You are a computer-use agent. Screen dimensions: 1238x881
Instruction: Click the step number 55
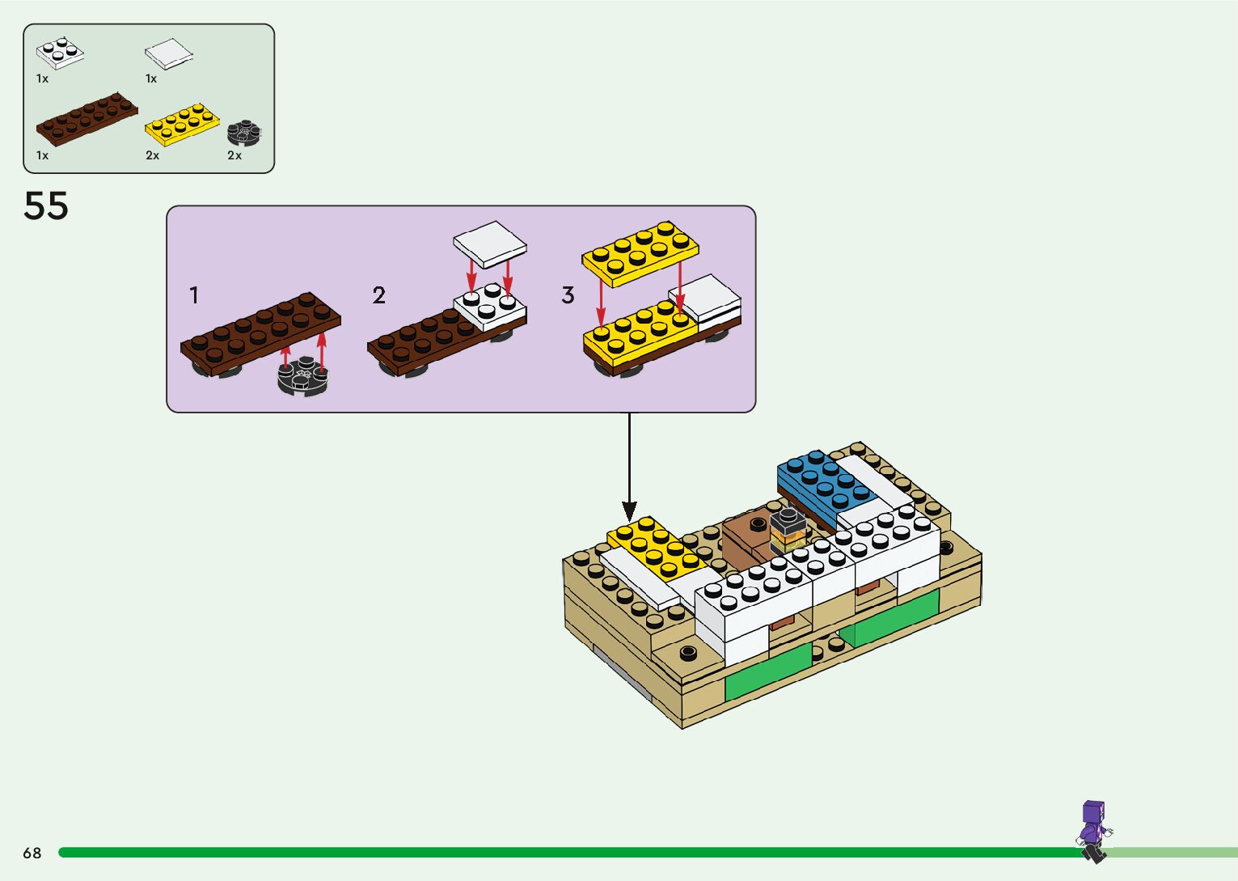[46, 206]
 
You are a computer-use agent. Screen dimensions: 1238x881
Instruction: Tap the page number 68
[32, 853]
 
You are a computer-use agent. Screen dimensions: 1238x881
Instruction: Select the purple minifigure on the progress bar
[1093, 831]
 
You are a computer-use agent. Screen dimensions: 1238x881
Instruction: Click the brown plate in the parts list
[87, 118]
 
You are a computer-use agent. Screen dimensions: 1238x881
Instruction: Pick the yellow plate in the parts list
[182, 125]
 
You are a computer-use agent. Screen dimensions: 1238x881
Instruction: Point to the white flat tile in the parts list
[169, 54]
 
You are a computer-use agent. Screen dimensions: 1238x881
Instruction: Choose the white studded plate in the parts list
[60, 53]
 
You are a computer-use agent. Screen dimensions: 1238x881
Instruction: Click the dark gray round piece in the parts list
[243, 133]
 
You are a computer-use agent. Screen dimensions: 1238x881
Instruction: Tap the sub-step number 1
[194, 295]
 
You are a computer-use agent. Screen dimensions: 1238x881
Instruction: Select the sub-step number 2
[379, 295]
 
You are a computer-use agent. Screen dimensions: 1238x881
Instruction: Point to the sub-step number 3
[568, 295]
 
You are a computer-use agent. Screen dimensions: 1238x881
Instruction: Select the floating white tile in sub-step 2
[490, 244]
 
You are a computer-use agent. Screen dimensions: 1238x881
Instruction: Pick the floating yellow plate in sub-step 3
[640, 252]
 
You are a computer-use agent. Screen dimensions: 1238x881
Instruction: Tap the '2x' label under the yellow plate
[152, 155]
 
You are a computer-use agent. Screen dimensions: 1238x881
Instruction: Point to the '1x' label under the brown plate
[42, 155]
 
